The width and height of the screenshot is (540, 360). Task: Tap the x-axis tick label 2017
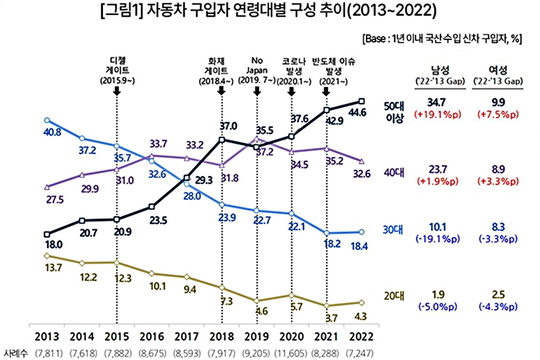click(x=187, y=337)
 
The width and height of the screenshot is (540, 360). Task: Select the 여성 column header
click(x=498, y=70)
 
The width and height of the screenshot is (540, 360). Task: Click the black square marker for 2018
click(x=221, y=139)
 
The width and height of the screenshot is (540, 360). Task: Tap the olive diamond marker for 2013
click(x=47, y=256)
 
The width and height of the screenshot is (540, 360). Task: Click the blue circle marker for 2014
click(x=82, y=138)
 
